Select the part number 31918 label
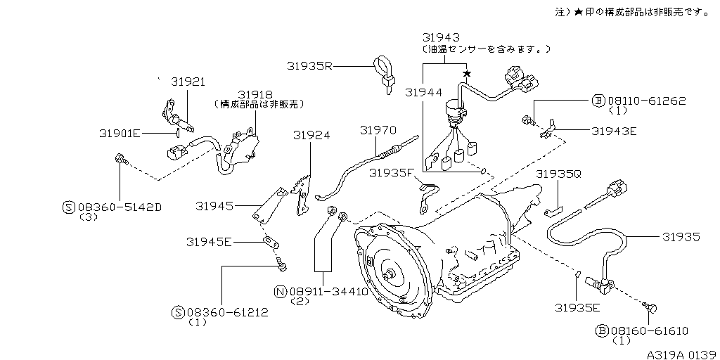point(254,94)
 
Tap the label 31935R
point(309,65)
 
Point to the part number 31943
point(441,37)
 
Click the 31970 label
point(378,130)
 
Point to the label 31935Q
point(559,173)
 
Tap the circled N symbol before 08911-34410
point(280,292)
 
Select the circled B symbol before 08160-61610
point(600,330)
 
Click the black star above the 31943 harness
point(465,73)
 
